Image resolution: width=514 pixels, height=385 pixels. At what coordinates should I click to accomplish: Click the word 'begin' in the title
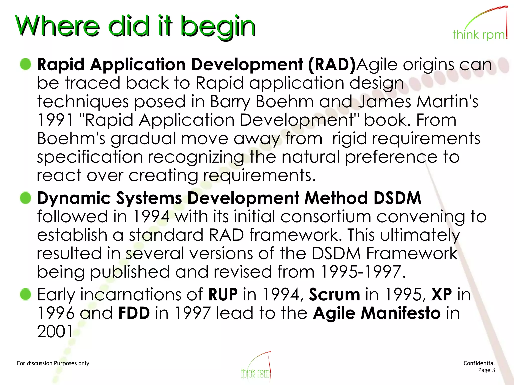(x=218, y=27)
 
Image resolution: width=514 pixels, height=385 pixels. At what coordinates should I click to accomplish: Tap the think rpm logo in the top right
(x=480, y=25)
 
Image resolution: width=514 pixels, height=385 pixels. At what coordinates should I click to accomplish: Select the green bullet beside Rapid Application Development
(x=25, y=64)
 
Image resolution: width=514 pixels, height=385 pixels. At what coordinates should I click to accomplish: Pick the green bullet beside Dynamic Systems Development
(x=25, y=198)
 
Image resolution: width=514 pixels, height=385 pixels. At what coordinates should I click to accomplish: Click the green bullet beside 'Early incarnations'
(x=25, y=294)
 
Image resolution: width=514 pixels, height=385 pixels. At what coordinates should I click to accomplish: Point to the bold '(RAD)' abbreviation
(x=332, y=65)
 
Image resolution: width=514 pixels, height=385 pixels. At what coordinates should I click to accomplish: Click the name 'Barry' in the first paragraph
(x=230, y=102)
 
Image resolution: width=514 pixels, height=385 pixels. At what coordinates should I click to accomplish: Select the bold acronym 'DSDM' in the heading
(x=397, y=198)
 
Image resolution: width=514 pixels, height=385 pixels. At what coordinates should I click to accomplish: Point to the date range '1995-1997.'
(x=363, y=272)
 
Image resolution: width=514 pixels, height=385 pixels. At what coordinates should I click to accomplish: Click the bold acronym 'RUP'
(x=223, y=294)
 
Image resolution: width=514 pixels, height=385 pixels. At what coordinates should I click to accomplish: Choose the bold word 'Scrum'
(x=334, y=294)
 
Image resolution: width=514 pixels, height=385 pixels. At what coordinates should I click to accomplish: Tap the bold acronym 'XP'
(x=441, y=294)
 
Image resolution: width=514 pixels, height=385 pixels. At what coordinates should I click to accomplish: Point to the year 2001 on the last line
(x=55, y=331)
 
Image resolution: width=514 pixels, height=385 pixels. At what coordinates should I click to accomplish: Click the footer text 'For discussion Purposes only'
(x=53, y=363)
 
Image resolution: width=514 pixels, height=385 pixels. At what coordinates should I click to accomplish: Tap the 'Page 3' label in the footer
(x=486, y=370)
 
